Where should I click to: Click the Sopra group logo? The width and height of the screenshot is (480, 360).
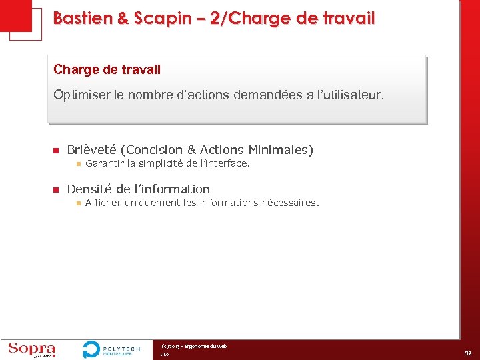pos(31,349)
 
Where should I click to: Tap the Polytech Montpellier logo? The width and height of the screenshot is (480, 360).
pos(112,349)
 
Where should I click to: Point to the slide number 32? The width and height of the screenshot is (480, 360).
pos(469,353)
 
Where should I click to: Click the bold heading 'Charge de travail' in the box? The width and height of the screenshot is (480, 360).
pos(107,69)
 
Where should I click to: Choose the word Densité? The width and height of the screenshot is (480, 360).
pos(89,189)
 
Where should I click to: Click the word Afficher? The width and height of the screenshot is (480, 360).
pos(103,203)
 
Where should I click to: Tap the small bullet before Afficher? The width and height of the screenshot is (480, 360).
pos(77,203)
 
